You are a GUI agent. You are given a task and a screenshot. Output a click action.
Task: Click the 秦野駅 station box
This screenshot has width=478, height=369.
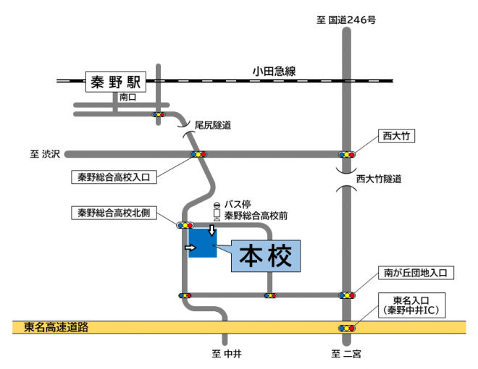pos(116,82)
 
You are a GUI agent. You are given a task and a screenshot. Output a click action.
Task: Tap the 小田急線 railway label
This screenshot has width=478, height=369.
pos(274,71)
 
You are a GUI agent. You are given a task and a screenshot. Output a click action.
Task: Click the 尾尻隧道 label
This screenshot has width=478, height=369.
pos(212,125)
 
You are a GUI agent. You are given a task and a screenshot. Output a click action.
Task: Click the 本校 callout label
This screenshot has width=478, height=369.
pos(265,256)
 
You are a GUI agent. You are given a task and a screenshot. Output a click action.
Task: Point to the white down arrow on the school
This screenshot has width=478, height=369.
pos(211,231)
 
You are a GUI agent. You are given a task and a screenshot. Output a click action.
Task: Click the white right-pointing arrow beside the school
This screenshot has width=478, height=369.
pos(191,248)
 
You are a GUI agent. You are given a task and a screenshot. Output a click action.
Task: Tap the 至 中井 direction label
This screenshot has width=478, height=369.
pos(226,355)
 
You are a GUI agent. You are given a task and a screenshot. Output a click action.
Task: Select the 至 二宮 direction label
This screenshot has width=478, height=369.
pos(345,355)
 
